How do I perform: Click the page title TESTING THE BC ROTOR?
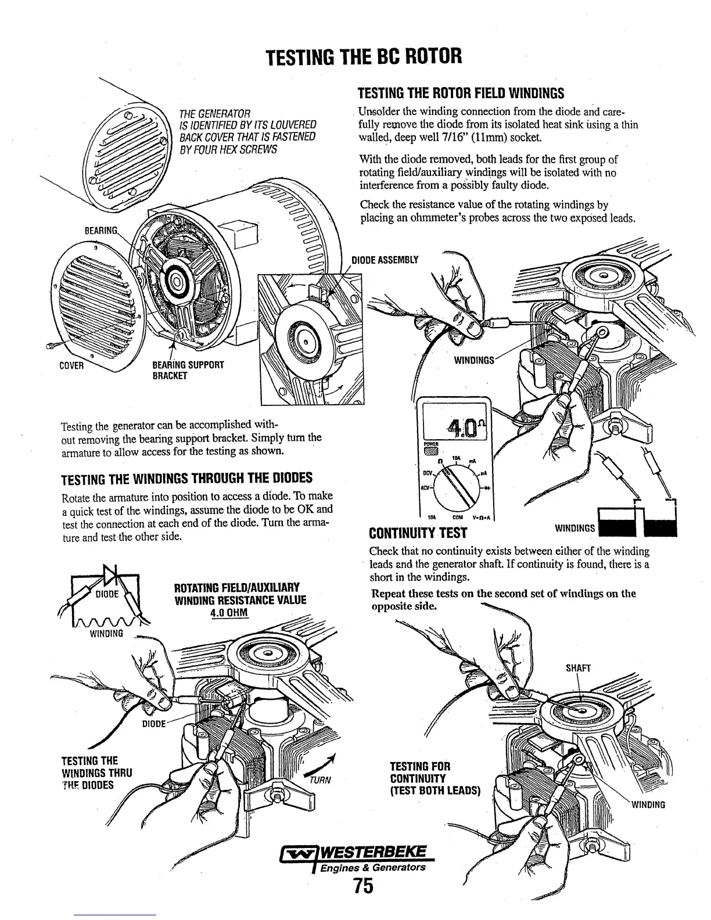pos(364,57)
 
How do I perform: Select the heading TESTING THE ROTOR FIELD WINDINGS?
pos(461,93)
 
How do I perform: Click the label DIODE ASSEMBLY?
pos(385,259)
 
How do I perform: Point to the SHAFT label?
pos(577,669)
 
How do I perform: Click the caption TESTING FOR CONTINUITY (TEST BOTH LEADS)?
pos(435,778)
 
